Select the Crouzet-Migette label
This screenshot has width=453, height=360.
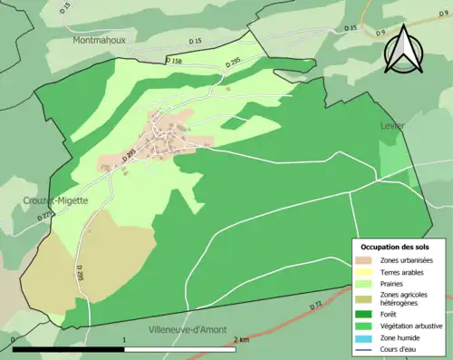[55, 200]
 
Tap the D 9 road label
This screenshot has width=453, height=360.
[381, 33]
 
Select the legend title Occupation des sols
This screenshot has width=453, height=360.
[395, 247]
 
